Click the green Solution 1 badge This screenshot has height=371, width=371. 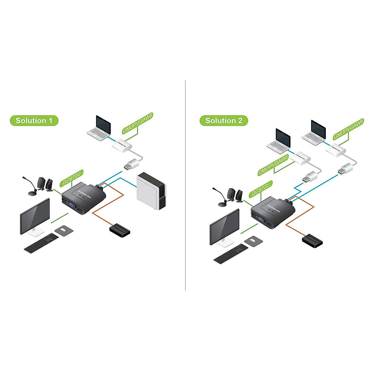pyautogui.click(x=34, y=121)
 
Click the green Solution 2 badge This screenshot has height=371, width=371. pyautogui.click(x=224, y=121)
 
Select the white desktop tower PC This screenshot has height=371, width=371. pyautogui.click(x=151, y=190)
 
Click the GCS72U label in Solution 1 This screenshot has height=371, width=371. pyautogui.click(x=71, y=178)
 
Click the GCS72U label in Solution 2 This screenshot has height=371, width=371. pyautogui.click(x=261, y=189)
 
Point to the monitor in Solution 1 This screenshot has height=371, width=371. pyautogui.click(x=35, y=216)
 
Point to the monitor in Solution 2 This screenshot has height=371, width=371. pyautogui.click(x=224, y=227)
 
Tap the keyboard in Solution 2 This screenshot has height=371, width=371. pyautogui.click(x=231, y=254)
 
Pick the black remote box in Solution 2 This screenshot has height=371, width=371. pyautogui.click(x=313, y=241)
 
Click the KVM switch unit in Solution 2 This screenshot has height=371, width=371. pyautogui.click(x=273, y=211)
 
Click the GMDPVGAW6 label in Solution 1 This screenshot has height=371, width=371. pyautogui.click(x=138, y=123)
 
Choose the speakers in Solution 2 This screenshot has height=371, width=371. pyautogui.click(x=235, y=195)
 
